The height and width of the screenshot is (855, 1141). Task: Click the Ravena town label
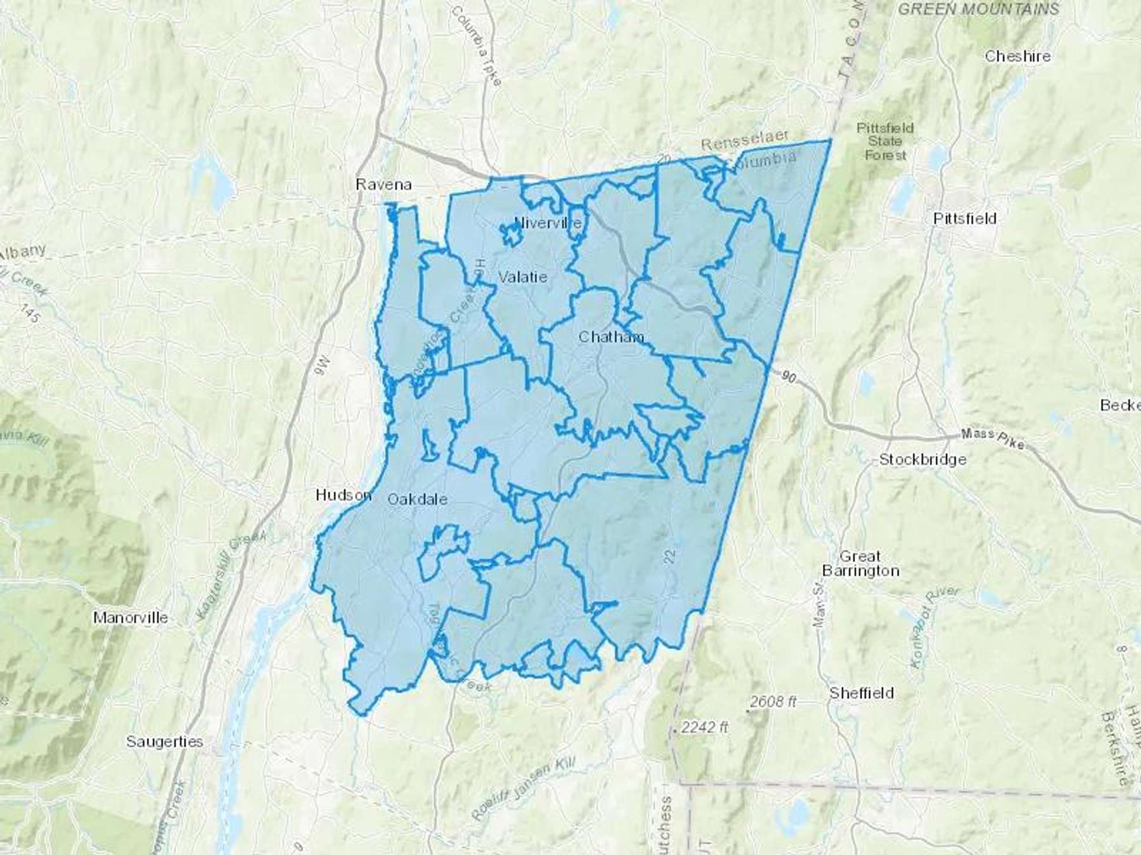[x=384, y=184]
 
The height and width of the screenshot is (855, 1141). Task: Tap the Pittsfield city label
[x=965, y=218]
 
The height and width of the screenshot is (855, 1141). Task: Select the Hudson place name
[x=343, y=495]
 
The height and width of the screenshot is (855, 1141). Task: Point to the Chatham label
[x=611, y=336]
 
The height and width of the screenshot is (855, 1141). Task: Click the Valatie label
[x=522, y=277]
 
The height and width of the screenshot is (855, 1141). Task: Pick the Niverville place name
[x=548, y=223]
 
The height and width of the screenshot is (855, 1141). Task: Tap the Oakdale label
[x=417, y=499]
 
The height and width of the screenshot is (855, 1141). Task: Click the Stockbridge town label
[x=922, y=459]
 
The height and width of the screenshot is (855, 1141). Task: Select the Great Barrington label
[x=860, y=564]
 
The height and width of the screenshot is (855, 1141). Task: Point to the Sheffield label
[x=861, y=693]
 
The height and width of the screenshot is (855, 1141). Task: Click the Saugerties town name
[x=164, y=741]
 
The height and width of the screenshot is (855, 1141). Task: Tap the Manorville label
[x=131, y=617]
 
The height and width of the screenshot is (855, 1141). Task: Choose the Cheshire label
[x=1017, y=56]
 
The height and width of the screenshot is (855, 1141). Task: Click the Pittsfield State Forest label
[x=886, y=141]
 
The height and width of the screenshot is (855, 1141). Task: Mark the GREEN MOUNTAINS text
[x=979, y=9]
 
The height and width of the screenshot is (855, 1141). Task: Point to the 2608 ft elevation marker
[x=773, y=702]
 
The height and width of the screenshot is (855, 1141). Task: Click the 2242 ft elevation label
[x=704, y=727]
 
